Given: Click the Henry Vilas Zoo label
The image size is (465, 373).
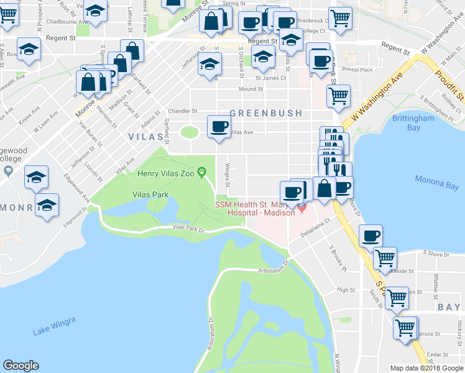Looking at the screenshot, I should click(x=165, y=172).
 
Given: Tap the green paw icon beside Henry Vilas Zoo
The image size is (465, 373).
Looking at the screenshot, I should click(x=202, y=172).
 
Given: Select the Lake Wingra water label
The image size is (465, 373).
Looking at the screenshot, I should click(x=54, y=326).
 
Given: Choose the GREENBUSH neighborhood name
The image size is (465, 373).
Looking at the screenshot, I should click(x=265, y=113).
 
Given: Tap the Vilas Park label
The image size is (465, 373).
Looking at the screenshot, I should click(x=150, y=195).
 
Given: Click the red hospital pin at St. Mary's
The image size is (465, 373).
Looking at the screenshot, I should click(x=302, y=207).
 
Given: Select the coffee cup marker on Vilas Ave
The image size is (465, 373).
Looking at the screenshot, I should click(x=218, y=127).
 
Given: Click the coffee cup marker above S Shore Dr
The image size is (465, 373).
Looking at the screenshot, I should click(x=371, y=236).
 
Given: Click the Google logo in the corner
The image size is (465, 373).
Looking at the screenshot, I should click(x=21, y=366).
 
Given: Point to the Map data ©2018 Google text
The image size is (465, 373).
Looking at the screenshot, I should click(x=426, y=368).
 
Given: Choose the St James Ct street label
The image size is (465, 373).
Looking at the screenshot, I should click(x=270, y=78).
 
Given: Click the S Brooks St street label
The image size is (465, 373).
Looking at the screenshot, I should click(x=336, y=257).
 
